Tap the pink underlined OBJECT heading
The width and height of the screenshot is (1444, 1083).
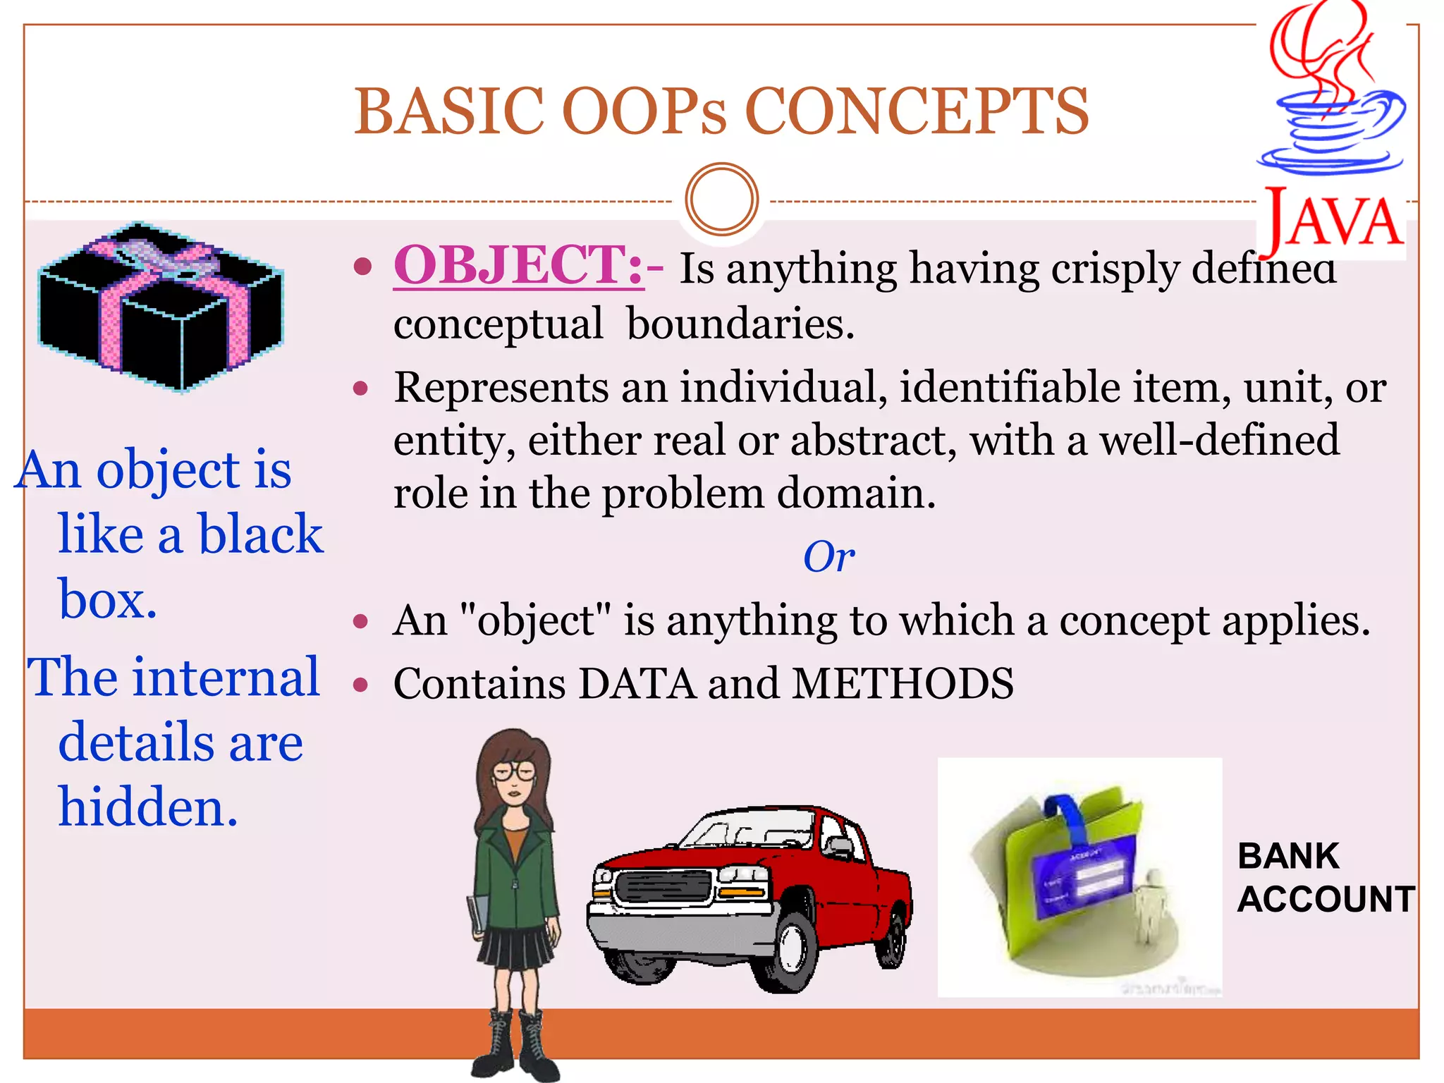pos(518,266)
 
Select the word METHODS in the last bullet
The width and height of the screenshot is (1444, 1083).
pos(902,684)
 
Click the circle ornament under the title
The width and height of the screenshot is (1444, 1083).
pos(721,200)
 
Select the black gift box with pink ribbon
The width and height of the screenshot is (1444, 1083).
pos(161,307)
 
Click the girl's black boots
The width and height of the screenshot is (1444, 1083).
pos(515,1047)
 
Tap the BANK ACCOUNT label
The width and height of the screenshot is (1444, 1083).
pos(1326,878)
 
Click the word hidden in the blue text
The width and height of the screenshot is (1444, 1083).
pos(148,807)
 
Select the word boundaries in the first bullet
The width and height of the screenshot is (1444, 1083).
pos(740,324)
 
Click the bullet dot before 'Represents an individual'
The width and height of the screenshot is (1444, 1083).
pos(362,388)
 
